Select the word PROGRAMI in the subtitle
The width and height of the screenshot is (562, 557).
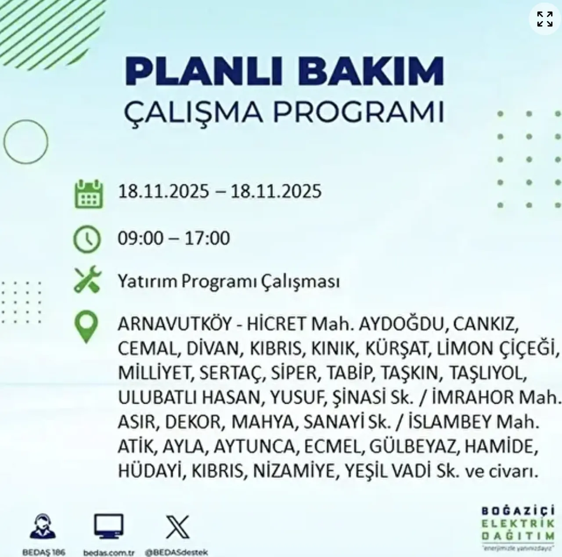(358, 112)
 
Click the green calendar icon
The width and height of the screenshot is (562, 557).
(89, 193)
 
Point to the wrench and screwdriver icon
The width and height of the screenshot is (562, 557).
(87, 280)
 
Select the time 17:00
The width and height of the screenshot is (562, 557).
(207, 238)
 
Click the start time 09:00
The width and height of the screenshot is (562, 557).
(140, 238)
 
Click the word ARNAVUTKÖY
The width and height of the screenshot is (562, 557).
(174, 324)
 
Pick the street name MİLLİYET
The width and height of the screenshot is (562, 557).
(155, 373)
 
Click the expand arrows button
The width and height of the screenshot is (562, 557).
(545, 19)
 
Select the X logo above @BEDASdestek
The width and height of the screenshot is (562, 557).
(178, 527)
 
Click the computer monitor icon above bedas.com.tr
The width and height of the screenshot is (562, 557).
(109, 527)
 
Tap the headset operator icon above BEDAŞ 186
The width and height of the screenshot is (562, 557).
(43, 527)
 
